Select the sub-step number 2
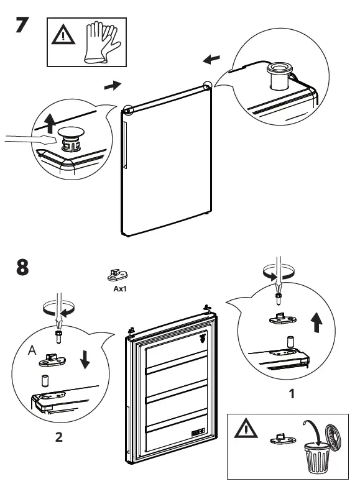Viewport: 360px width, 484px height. point(58,437)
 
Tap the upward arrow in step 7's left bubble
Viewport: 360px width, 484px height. point(49,122)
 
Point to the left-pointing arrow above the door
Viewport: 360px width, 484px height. point(211,59)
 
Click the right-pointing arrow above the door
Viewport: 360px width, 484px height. point(113,84)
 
